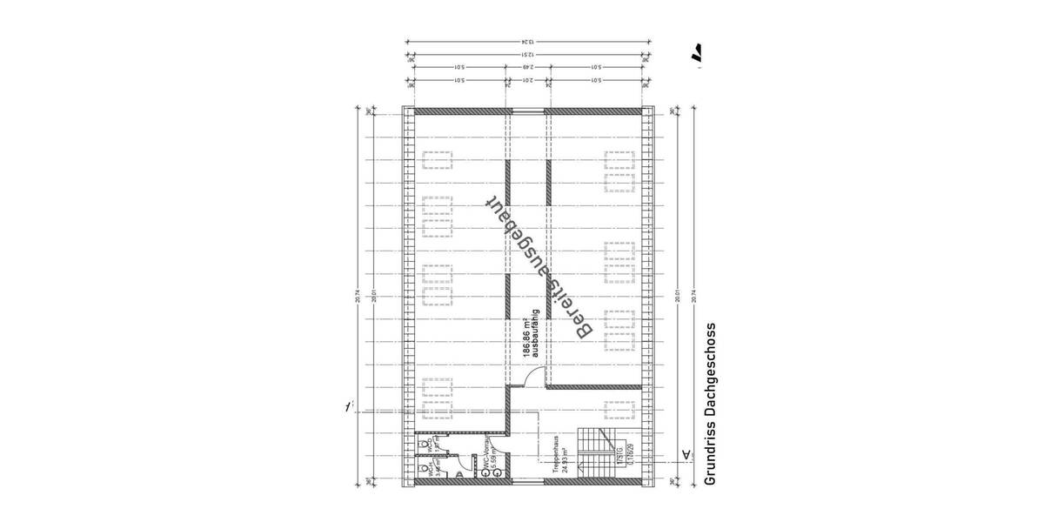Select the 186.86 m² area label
coord(527,334)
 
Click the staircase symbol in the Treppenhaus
coord(600,452)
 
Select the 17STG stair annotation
coord(623,461)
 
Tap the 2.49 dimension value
coord(527,68)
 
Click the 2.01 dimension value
coord(527,82)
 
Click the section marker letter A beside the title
coord(686,454)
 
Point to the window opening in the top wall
coord(527,110)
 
